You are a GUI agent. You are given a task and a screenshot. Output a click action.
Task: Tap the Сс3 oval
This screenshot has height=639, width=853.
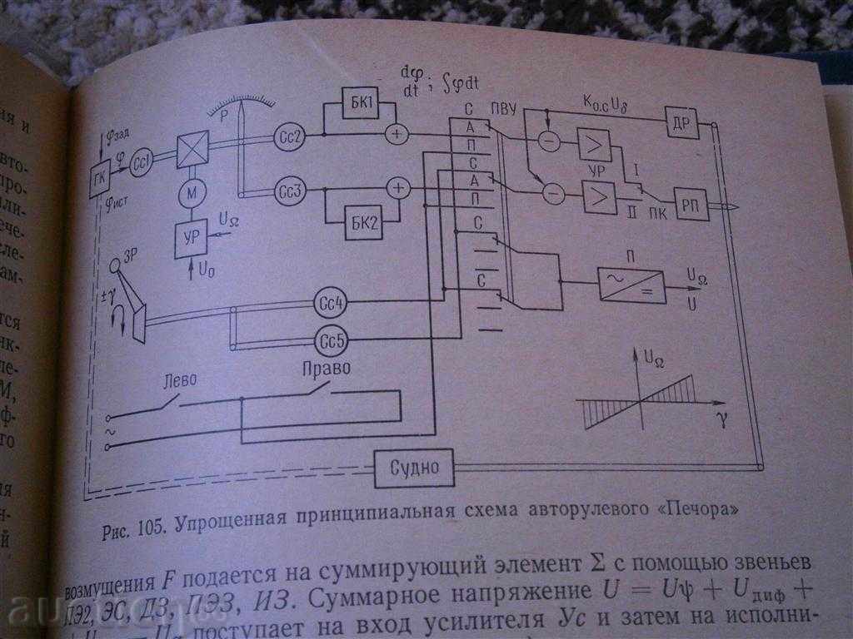[x=292, y=192]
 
